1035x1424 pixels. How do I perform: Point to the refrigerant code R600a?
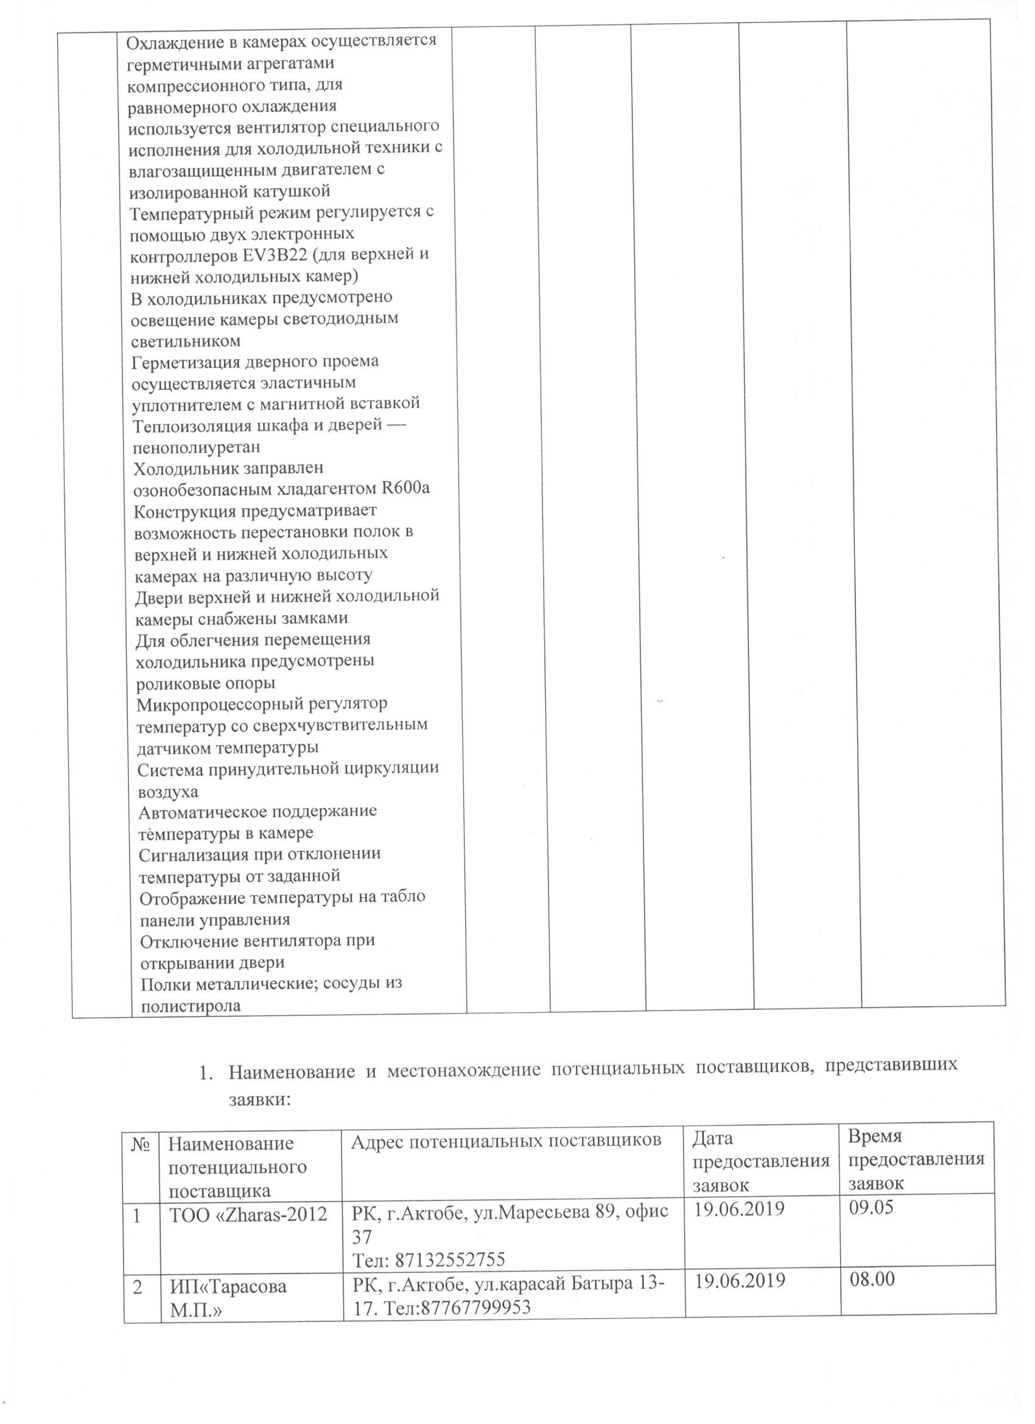pos(405,488)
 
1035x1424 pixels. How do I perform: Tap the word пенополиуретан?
pos(197,447)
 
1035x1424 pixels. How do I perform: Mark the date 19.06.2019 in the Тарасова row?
pos(739,1280)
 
